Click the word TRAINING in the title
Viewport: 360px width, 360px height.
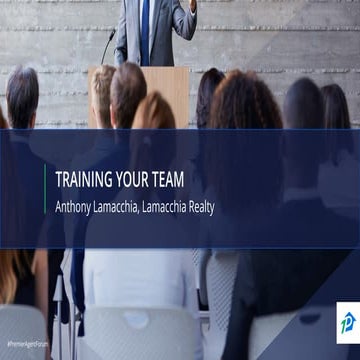[84, 182]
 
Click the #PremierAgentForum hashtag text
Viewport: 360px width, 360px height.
[27, 343]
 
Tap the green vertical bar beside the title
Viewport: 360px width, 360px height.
[45, 192]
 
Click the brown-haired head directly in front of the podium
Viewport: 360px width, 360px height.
[128, 90]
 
